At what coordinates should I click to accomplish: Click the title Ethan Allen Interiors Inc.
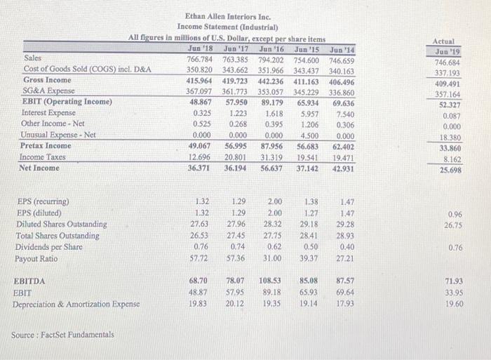click(x=227, y=15)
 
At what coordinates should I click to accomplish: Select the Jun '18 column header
click(x=201, y=48)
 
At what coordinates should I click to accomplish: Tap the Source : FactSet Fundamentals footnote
click(x=62, y=335)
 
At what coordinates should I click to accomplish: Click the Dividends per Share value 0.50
click(x=310, y=247)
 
